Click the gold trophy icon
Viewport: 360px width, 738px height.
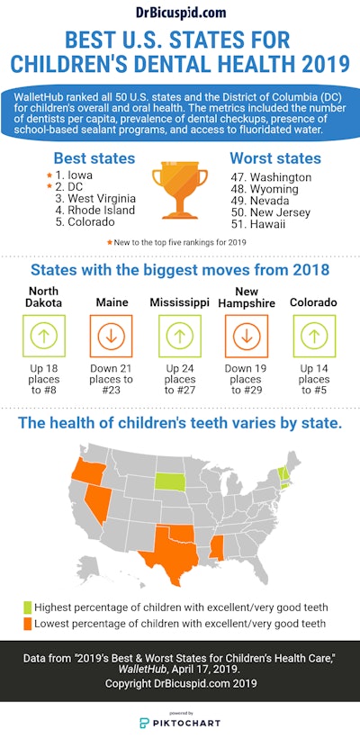click(x=181, y=190)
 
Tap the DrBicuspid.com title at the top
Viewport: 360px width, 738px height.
click(x=180, y=13)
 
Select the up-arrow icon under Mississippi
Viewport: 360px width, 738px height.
click(x=180, y=337)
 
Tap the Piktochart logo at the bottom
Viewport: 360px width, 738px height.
click(x=180, y=723)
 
